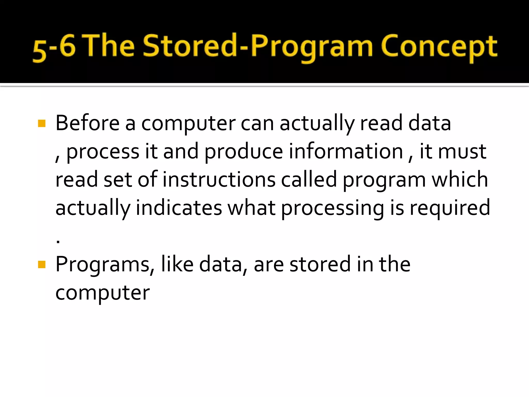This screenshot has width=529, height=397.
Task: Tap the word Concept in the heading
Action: [439, 47]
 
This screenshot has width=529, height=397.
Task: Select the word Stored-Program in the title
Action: [258, 47]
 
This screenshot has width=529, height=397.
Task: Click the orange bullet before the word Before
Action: [42, 124]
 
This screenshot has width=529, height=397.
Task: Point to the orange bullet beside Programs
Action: [42, 265]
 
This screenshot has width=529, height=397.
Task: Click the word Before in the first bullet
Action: [88, 123]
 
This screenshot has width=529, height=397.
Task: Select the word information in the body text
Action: [346, 151]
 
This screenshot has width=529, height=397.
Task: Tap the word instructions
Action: [219, 180]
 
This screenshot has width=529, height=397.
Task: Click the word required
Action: [450, 208]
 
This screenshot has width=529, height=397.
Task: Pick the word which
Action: [460, 180]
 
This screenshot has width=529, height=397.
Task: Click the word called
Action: [309, 180]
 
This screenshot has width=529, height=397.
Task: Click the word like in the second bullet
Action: [177, 264]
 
